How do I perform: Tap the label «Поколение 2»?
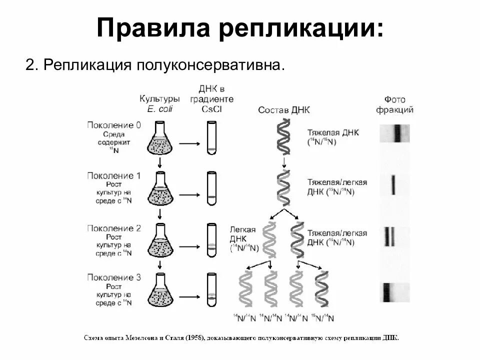pos(114,228)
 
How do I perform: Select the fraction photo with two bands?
pos(394,236)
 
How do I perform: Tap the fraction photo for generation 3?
pos(395,292)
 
